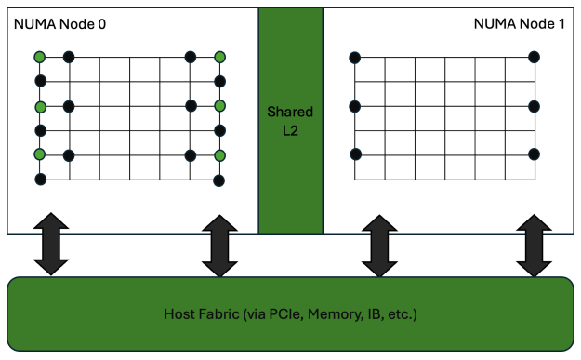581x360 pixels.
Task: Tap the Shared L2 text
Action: [x=290, y=120]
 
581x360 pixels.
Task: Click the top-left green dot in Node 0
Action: [x=40, y=58]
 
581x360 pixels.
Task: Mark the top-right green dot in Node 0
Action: [x=220, y=58]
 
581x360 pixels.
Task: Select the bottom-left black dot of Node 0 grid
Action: [x=40, y=179]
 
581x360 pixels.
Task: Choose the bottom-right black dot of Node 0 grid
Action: [x=220, y=179]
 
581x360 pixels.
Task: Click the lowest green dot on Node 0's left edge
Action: [x=40, y=154]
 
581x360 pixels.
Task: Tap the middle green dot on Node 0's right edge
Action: [x=220, y=106]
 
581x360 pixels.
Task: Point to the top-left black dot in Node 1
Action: [x=354, y=58]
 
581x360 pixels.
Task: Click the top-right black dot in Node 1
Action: [x=534, y=58]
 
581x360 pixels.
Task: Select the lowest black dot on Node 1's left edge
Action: [x=354, y=153]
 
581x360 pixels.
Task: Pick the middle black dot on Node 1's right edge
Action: [x=534, y=106]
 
